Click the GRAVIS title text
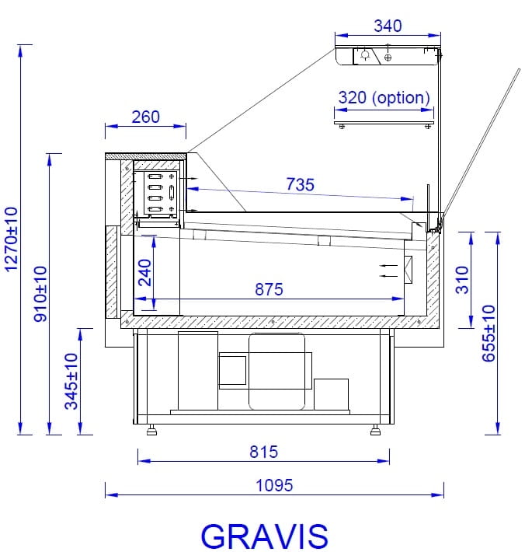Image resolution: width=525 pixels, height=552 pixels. [x=264, y=536]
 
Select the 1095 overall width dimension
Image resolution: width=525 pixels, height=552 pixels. [x=274, y=485]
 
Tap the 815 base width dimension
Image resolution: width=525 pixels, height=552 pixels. [x=264, y=452]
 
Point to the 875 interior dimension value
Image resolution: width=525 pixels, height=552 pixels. [x=269, y=289]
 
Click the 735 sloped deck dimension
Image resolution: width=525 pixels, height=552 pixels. [x=300, y=184]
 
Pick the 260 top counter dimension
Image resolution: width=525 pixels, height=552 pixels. [x=145, y=117]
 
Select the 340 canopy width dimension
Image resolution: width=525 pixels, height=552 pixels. [x=388, y=26]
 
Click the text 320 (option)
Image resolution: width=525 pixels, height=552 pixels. [x=384, y=98]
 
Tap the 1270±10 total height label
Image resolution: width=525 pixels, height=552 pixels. [x=11, y=239]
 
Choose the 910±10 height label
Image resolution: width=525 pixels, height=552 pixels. [x=40, y=294]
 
